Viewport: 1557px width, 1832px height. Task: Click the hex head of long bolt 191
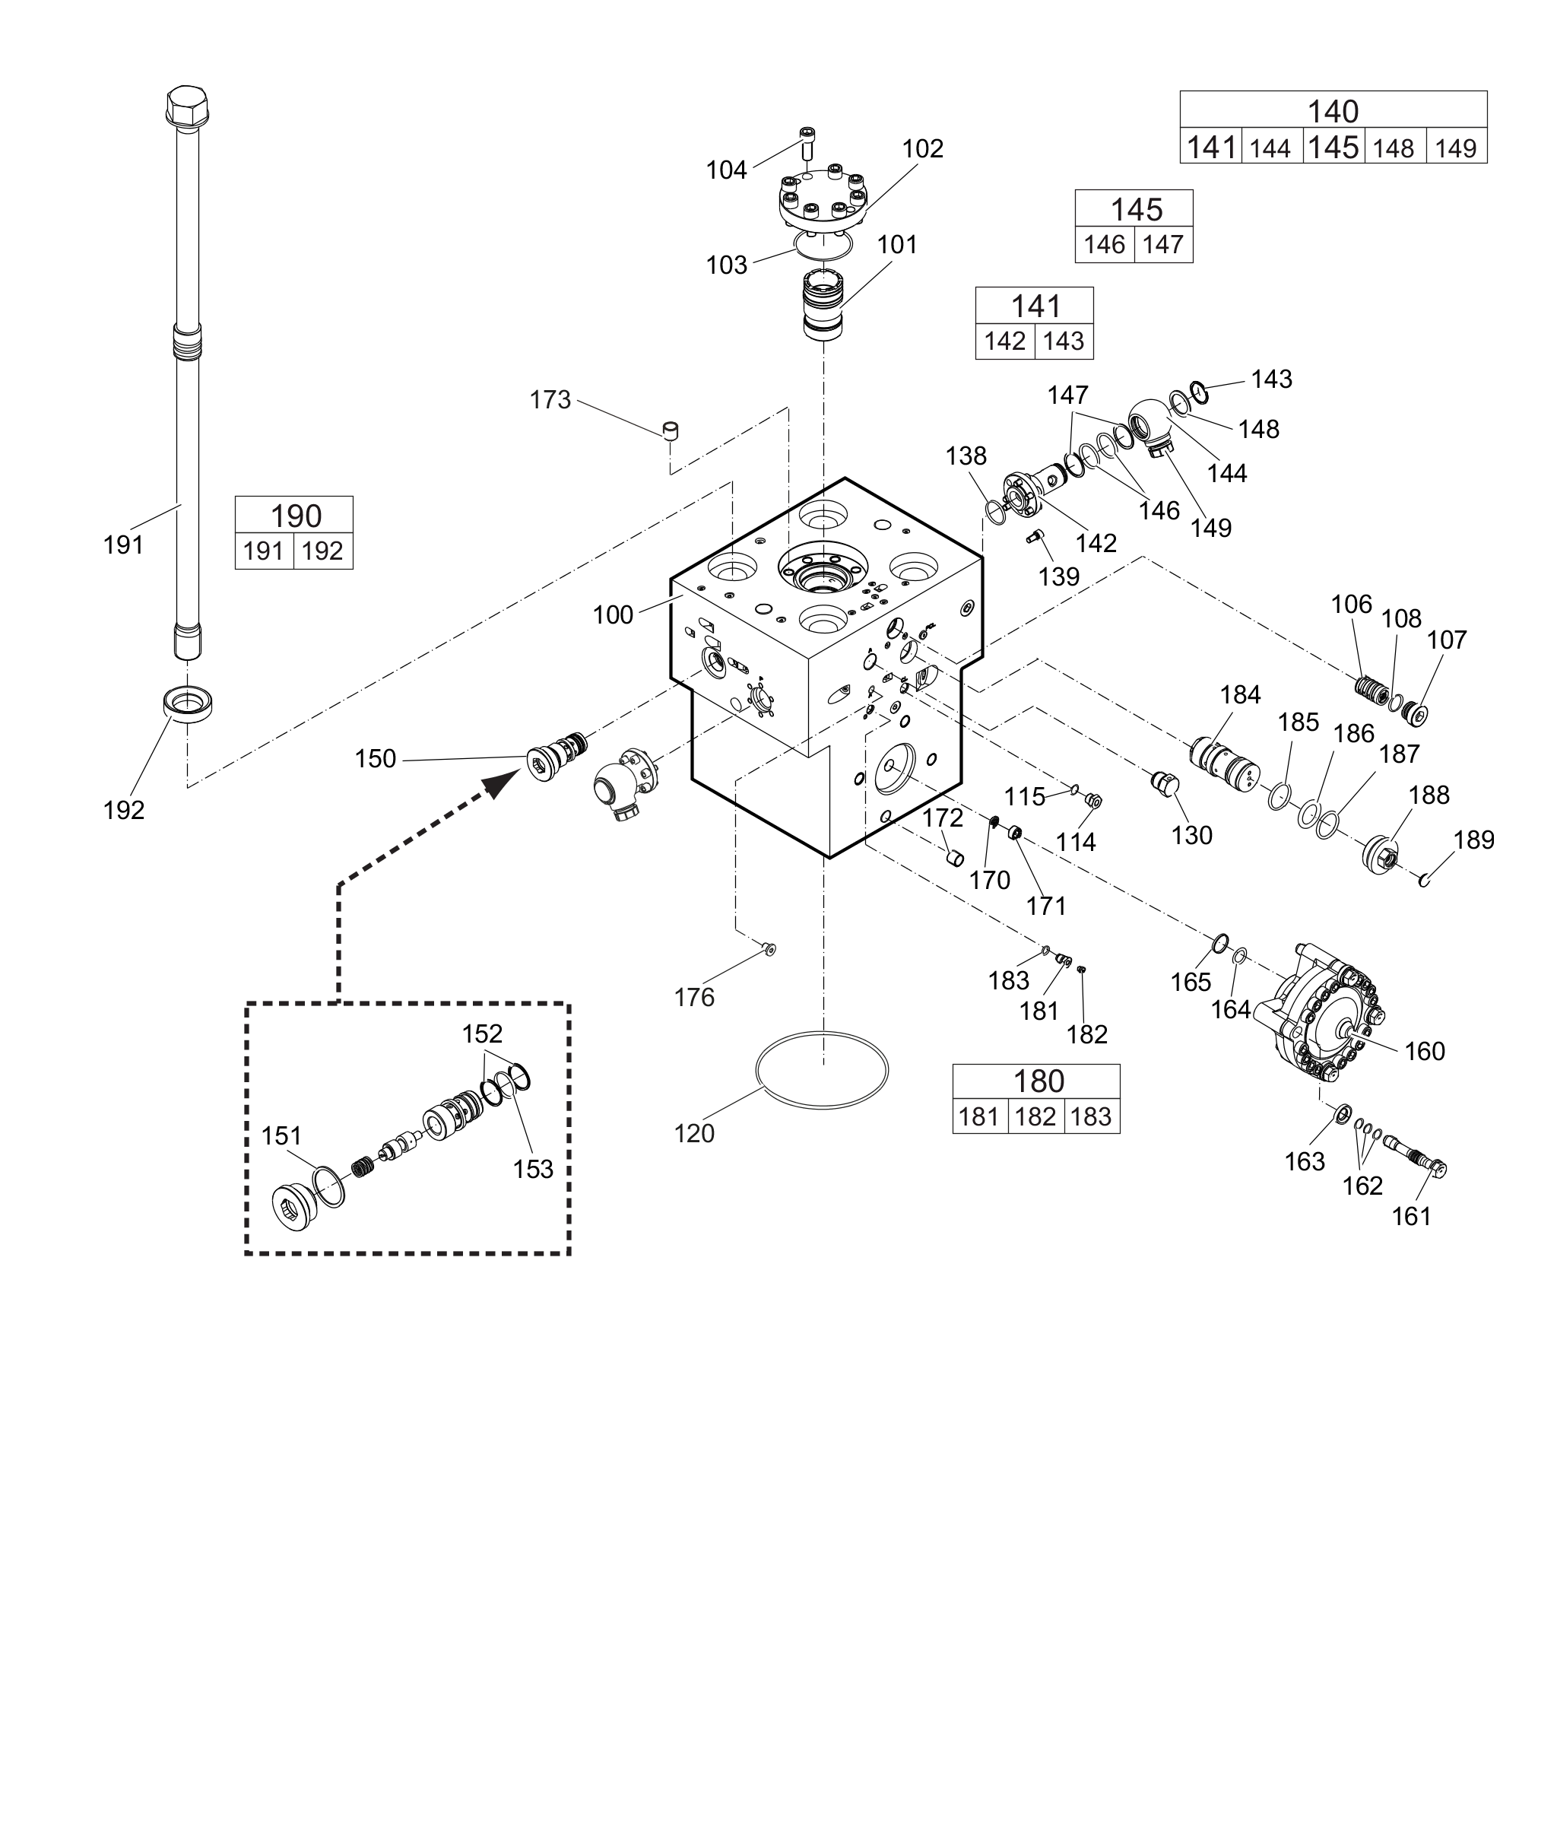click(x=188, y=106)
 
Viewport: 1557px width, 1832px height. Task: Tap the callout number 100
click(x=613, y=614)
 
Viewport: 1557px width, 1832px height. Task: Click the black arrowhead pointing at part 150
click(x=504, y=783)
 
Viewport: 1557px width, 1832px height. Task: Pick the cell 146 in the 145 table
click(x=1104, y=245)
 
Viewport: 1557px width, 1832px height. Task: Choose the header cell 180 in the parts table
click(x=1037, y=1081)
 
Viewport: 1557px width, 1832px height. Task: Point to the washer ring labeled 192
click(x=189, y=704)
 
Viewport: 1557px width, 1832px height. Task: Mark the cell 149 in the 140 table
click(x=1455, y=148)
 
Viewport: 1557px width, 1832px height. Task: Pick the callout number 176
click(x=694, y=997)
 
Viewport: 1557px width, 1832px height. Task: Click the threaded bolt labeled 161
click(x=1416, y=1156)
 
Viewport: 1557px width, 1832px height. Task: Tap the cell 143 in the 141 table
click(x=1064, y=341)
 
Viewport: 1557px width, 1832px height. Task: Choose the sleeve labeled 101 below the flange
click(x=823, y=305)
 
